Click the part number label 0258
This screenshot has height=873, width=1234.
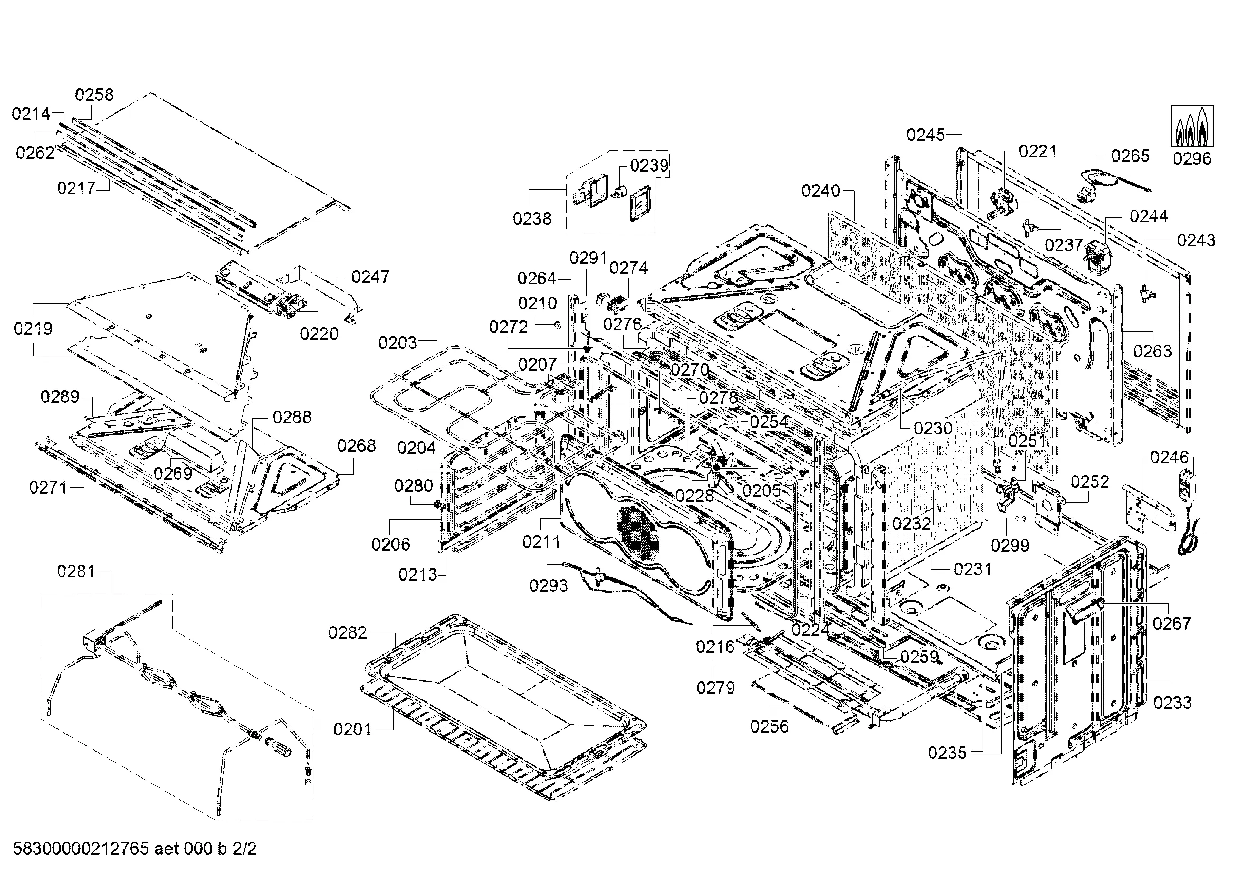(94, 95)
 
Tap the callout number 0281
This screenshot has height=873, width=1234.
(76, 572)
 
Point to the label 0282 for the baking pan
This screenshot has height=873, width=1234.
(348, 633)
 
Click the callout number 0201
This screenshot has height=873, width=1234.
(352, 729)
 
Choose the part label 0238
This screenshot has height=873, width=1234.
(532, 219)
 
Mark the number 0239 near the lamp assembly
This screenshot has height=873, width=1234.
(649, 166)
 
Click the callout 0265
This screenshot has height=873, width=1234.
(1130, 156)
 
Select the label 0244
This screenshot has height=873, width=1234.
(1149, 216)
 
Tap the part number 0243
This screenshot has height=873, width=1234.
(1197, 240)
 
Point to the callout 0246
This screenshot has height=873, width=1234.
(1170, 458)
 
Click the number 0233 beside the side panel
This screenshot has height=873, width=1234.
(1173, 703)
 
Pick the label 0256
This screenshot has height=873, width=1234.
(770, 727)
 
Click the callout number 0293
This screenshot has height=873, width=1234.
(548, 585)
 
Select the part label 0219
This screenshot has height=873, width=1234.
(33, 328)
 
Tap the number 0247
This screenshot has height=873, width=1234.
(370, 277)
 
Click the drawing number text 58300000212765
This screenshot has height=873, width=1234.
(81, 849)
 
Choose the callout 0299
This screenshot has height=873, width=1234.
(1010, 546)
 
